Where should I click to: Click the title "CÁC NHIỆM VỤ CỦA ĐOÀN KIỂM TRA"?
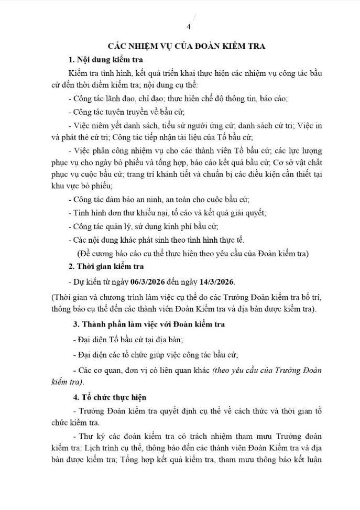pyautogui.click(x=186, y=46)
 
